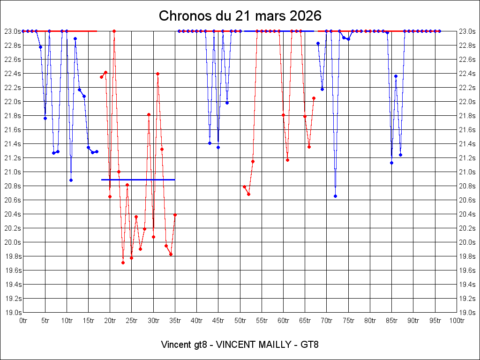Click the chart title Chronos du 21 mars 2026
pyautogui.click(x=240, y=16)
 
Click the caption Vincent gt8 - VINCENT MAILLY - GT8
pyautogui.click(x=240, y=345)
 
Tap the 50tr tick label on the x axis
pyautogui.click(x=240, y=321)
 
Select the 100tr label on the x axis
pyautogui.click(x=457, y=321)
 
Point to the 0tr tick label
pyautogui.click(x=23, y=321)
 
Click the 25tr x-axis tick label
pyautogui.click(x=132, y=321)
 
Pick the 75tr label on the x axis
pyautogui.click(x=348, y=321)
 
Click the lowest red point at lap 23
pyautogui.click(x=123, y=262)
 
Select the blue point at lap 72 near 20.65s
pyautogui.click(x=335, y=196)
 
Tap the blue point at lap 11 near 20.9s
pyautogui.click(x=71, y=180)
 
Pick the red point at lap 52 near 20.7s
pyautogui.click(x=248, y=194)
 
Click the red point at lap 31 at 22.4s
pyautogui.click(x=157, y=74)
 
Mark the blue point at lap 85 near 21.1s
pyautogui.click(x=391, y=163)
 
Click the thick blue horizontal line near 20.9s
pyautogui.click(x=138, y=180)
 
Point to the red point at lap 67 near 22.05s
pyautogui.click(x=314, y=98)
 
